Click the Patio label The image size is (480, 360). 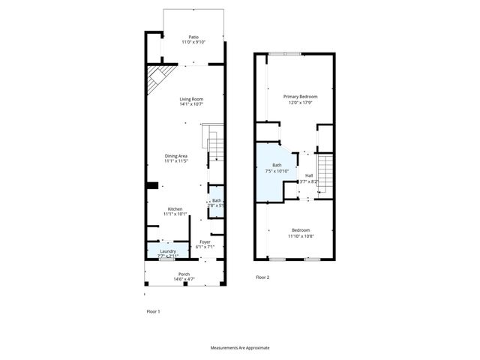pyautogui.click(x=193, y=37)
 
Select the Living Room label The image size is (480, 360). pyautogui.click(x=191, y=99)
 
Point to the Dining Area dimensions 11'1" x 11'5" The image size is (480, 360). pyautogui.click(x=176, y=161)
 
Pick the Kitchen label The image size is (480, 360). pyautogui.click(x=175, y=208)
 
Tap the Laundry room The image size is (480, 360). pyautogui.click(x=167, y=253)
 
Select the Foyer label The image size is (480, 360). pyautogui.click(x=205, y=241)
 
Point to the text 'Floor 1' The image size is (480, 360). pyautogui.click(x=152, y=311)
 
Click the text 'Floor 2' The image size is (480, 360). pyautogui.click(x=262, y=277)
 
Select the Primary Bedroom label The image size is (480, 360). pyautogui.click(x=300, y=97)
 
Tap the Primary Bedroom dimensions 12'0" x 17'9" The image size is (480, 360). pyautogui.click(x=300, y=103)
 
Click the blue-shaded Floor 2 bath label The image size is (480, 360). pyautogui.click(x=277, y=165)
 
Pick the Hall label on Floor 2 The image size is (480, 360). pyautogui.click(x=308, y=175)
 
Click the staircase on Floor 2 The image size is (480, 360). pyautogui.click(x=325, y=172)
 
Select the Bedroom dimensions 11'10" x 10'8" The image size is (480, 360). pyautogui.click(x=299, y=236)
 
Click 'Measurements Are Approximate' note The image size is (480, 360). pyautogui.click(x=239, y=348)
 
